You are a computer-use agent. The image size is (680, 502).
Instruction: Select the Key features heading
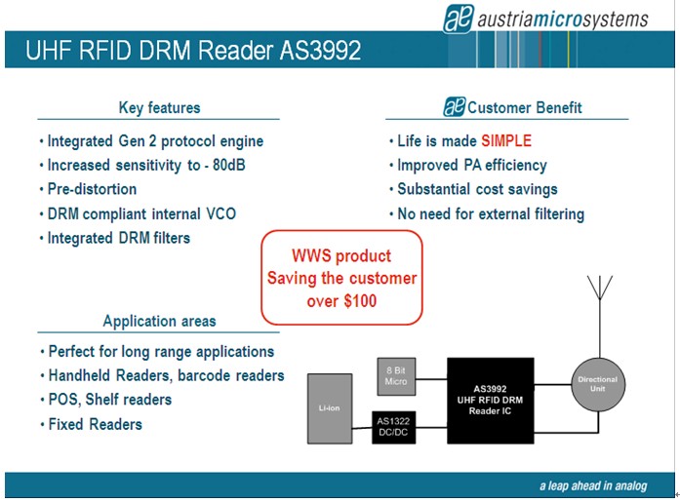point(159,107)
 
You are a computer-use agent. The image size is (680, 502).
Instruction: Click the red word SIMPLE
point(505,141)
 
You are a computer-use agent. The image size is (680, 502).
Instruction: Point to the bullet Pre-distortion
point(92,189)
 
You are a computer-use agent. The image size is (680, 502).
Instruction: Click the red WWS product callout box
point(340,278)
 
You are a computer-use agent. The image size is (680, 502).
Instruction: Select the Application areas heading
point(159,321)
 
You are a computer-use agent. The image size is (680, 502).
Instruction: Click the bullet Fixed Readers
point(95,424)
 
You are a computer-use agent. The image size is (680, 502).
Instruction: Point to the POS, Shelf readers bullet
point(109,400)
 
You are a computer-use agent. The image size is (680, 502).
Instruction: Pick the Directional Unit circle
point(598,383)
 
